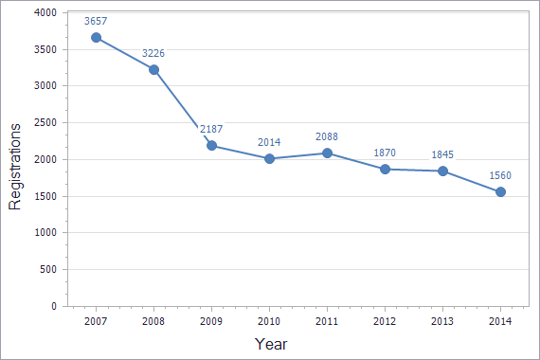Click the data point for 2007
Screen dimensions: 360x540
coord(96,38)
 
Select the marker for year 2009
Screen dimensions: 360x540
coord(211,146)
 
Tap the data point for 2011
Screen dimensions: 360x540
coord(327,153)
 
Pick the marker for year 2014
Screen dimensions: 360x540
coord(500,191)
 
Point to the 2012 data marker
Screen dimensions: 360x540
coord(385,169)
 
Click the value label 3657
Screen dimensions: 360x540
coord(96,20)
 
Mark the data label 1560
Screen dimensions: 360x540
coord(500,174)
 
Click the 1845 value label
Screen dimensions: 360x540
coord(442,154)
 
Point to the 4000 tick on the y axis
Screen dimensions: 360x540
coord(45,12)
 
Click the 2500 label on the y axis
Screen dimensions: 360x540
coord(45,123)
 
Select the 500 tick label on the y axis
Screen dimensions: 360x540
coord(48,270)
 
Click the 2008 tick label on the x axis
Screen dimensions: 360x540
coord(153,322)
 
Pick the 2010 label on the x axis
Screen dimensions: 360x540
coord(269,322)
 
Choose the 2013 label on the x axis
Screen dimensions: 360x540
coord(442,322)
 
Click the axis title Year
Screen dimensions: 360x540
coord(271,344)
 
